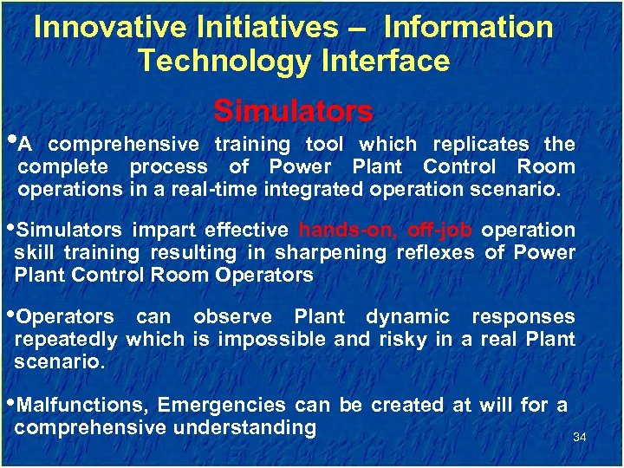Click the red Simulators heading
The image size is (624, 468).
[x=293, y=111]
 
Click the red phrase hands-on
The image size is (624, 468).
[x=348, y=230]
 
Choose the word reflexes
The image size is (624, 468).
[x=434, y=252]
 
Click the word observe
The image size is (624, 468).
[x=231, y=316]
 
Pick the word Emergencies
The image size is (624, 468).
[x=223, y=405]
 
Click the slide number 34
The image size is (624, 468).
[x=580, y=438]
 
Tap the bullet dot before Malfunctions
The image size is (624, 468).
[x=11, y=401]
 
